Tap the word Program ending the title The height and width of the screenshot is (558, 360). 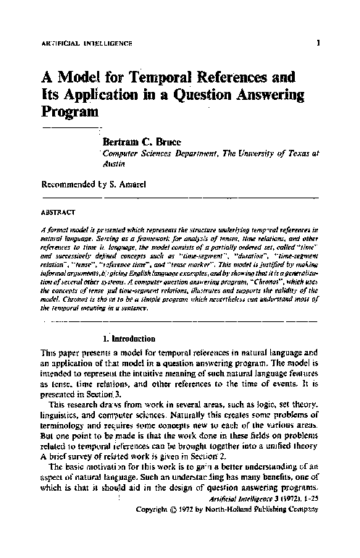tap(70, 112)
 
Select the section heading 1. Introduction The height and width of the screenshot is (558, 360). tap(129, 338)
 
